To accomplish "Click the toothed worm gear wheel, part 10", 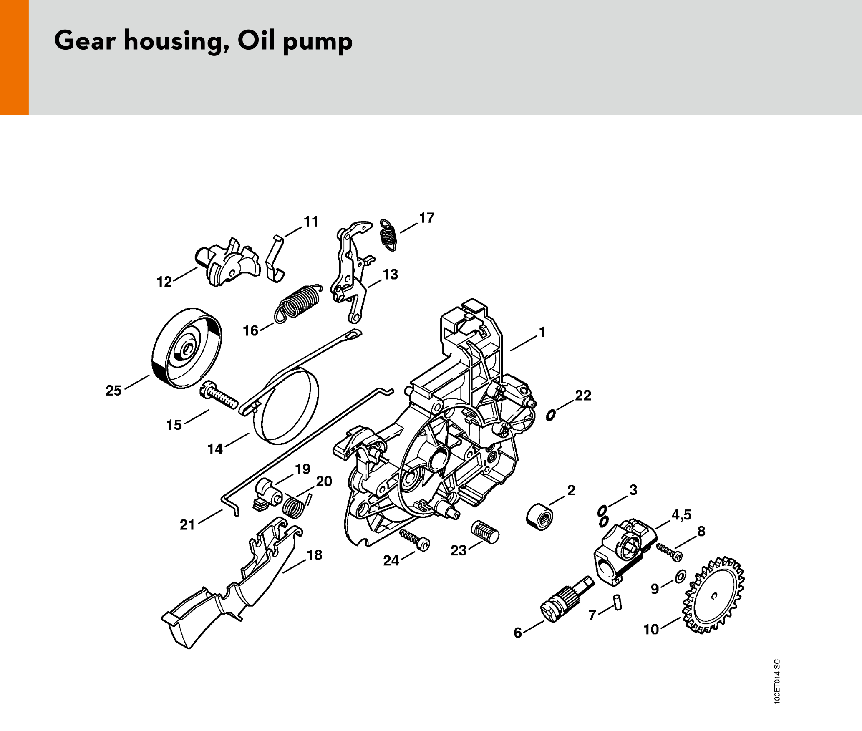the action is click(x=713, y=595).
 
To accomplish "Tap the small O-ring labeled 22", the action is click(x=551, y=415).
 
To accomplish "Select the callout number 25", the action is click(x=113, y=391).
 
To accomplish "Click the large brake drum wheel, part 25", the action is click(x=186, y=348).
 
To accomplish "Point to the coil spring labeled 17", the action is click(x=388, y=235).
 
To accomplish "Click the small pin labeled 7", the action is click(x=618, y=602).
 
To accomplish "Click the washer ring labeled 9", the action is click(x=680, y=577).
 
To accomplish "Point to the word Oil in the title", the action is click(x=257, y=40).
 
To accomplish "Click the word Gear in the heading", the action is click(x=85, y=40).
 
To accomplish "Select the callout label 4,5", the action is click(x=682, y=515).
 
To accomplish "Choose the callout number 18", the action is click(x=315, y=555).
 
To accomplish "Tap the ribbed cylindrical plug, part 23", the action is click(x=485, y=532).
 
